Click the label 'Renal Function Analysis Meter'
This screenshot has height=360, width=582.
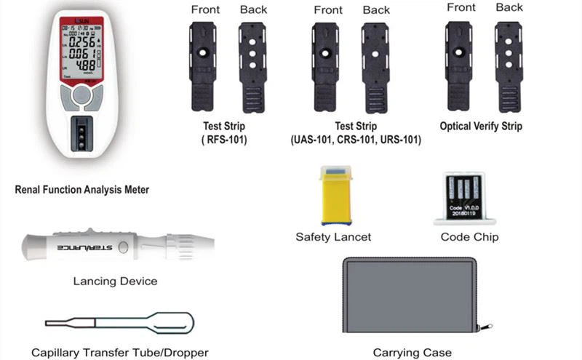[82, 190]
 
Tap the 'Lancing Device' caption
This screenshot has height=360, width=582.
[115, 281]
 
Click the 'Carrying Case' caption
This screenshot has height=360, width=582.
[412, 353]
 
